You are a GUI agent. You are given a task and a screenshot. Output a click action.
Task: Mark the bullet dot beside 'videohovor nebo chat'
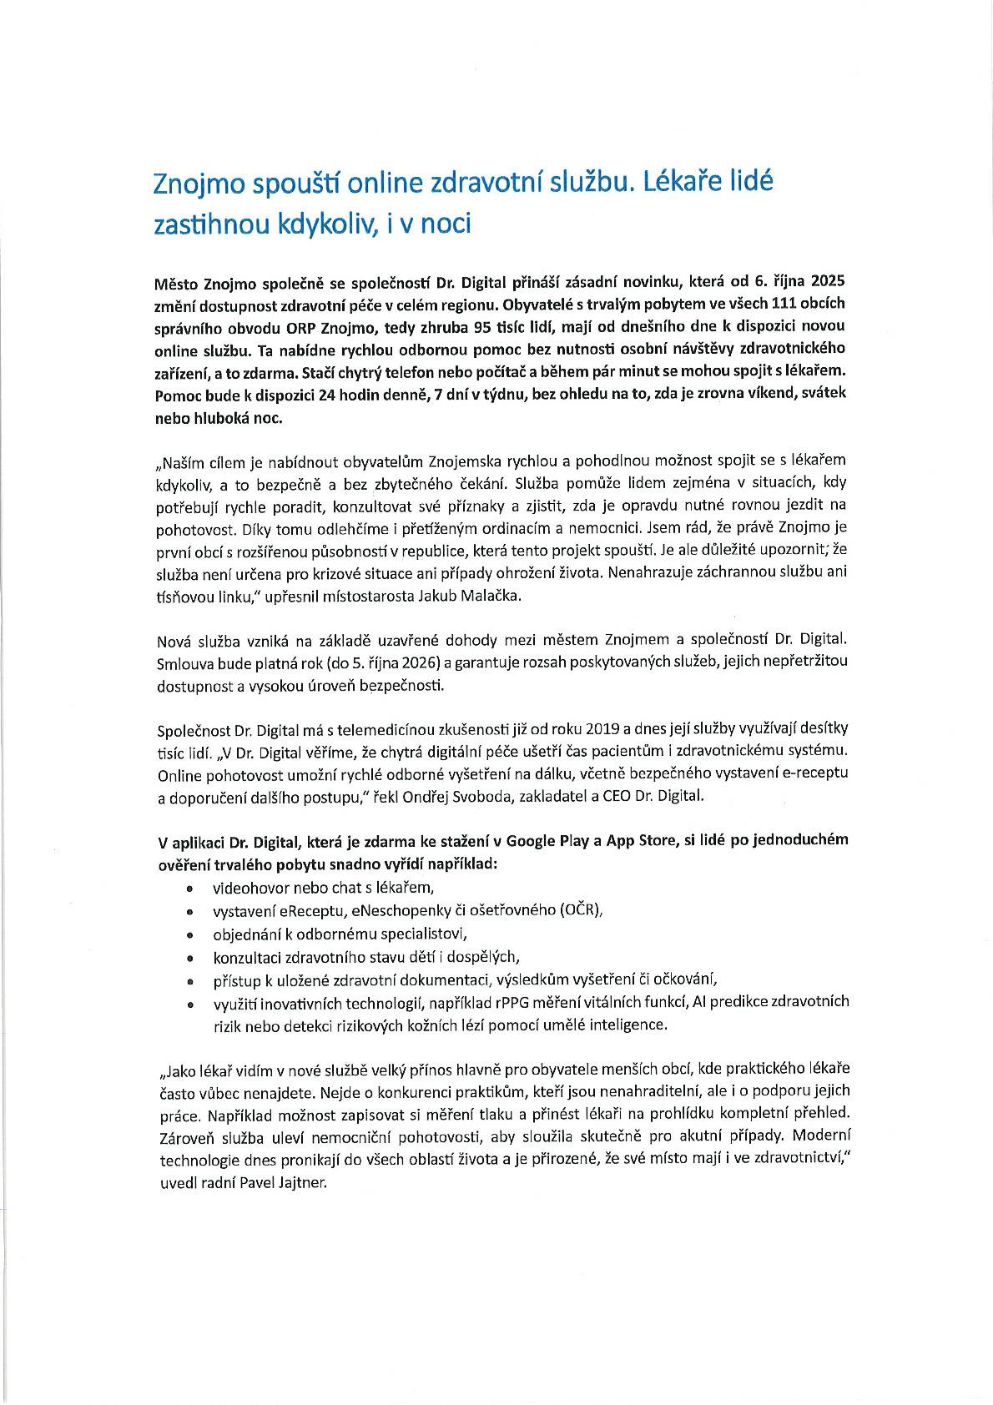click(190, 889)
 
